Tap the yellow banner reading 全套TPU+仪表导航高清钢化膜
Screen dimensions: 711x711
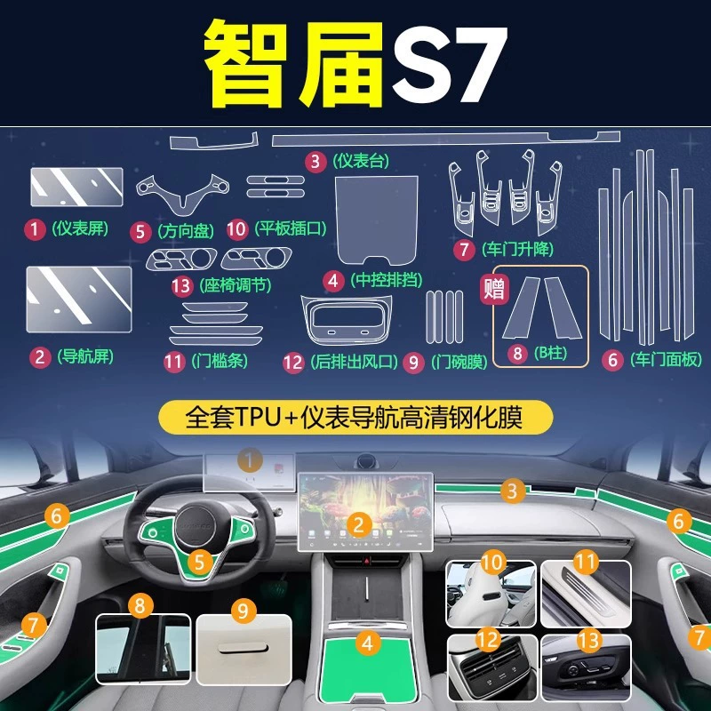point(355,417)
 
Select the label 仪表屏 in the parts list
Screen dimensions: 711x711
point(80,228)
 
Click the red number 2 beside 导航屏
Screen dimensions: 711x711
point(40,357)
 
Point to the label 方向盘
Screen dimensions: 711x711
point(186,231)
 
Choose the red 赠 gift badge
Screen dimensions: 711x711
point(495,290)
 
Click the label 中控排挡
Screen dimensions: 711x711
point(387,280)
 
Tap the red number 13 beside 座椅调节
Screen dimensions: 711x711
point(182,286)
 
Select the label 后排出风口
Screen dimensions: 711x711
point(354,362)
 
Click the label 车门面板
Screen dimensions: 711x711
point(666,360)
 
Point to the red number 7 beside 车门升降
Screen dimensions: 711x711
point(464,250)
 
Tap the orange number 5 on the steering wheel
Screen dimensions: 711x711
point(199,563)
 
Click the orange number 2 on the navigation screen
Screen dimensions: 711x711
point(359,525)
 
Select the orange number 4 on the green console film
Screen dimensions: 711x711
point(368,643)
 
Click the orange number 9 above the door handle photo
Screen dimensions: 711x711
point(244,611)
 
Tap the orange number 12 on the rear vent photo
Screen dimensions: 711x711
point(488,639)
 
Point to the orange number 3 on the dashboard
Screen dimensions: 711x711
point(513,491)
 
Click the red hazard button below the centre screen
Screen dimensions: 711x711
point(368,562)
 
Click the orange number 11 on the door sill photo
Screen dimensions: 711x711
point(585,563)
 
